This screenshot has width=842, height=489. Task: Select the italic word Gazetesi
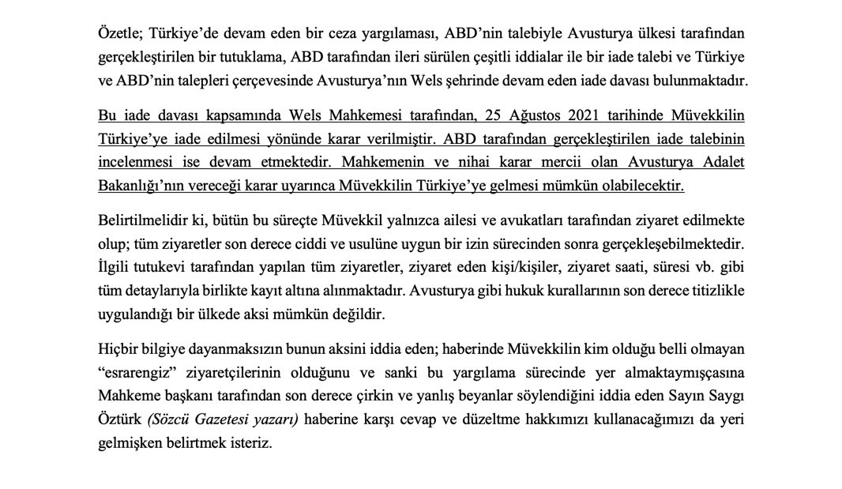222,419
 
